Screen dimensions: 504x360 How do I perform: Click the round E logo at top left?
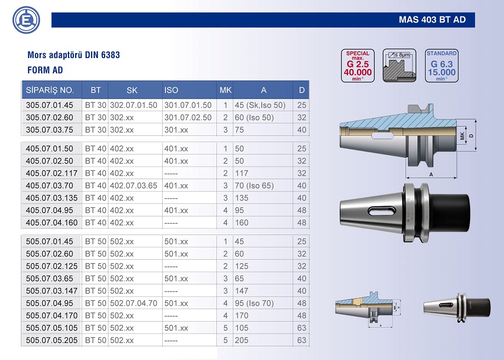(x=26, y=20)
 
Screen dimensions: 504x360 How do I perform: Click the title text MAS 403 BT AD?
(x=432, y=20)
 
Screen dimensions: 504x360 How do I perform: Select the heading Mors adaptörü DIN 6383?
(x=73, y=55)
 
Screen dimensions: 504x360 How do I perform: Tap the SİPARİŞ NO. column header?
(x=50, y=90)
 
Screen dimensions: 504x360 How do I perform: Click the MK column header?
(x=225, y=90)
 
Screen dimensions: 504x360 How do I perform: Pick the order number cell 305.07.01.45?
(x=49, y=105)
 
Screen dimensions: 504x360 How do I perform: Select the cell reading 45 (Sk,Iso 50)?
(x=260, y=105)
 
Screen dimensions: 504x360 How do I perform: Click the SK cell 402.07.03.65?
(x=134, y=185)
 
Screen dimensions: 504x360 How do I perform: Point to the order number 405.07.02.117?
(x=51, y=173)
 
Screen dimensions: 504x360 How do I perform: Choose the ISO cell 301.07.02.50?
(x=188, y=117)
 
